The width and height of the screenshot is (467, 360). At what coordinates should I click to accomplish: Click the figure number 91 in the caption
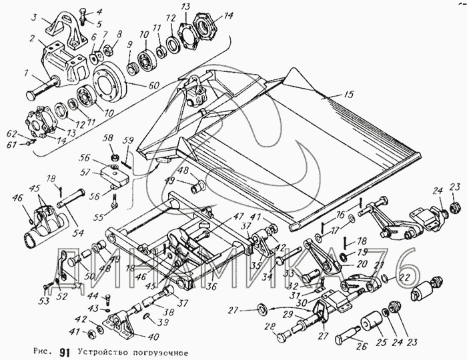(x=65, y=351)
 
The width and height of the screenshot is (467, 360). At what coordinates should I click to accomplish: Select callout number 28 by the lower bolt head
(x=270, y=326)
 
